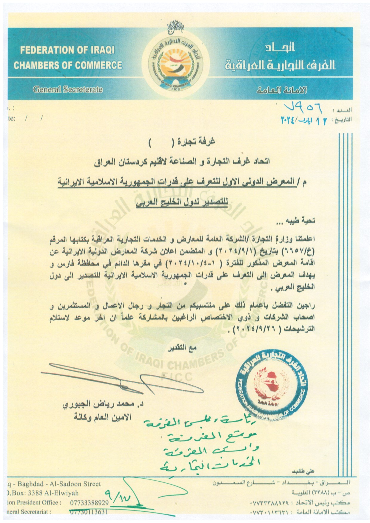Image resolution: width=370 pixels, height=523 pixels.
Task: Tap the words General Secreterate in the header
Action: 68,89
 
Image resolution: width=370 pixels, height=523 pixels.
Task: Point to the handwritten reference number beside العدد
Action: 301,111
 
